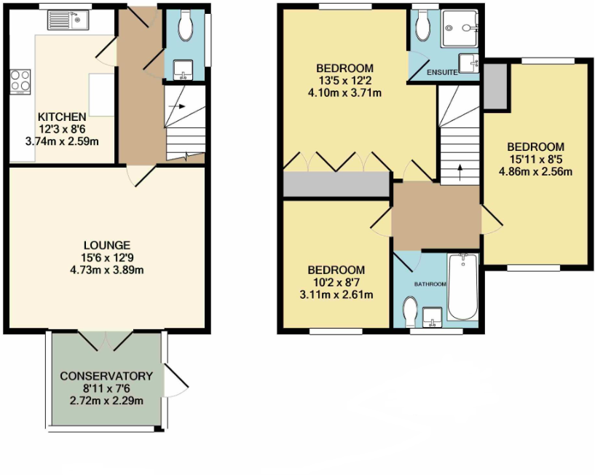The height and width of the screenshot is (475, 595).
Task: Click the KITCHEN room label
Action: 63,117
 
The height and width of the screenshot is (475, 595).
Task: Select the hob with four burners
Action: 19,80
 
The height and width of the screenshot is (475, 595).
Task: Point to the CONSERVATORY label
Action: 106,376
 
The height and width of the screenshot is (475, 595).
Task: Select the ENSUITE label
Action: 442,72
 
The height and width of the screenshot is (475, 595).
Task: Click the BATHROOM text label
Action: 430,283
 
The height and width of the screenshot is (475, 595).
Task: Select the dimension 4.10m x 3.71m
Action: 345,93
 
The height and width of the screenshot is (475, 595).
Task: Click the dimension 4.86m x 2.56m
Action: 535,172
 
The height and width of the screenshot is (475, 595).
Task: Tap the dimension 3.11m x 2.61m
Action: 336,294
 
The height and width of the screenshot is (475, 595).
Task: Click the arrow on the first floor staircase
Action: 460,171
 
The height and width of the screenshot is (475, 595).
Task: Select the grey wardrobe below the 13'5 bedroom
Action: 336,185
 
